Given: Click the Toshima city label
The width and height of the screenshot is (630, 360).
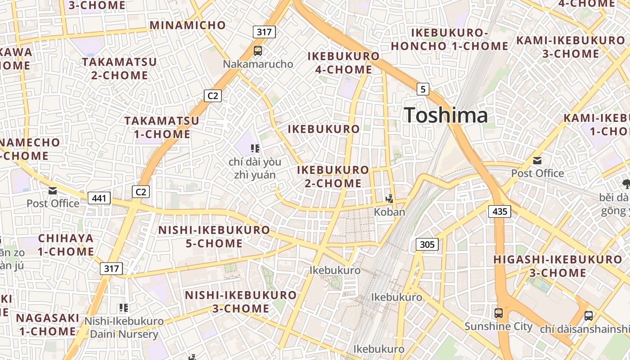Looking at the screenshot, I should coord(445,115).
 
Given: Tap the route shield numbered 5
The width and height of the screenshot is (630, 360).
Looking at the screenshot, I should coord(423,89).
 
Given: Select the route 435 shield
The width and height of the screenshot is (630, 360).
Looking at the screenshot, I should coord(499,211).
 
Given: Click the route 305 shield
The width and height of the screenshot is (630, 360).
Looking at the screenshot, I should coord(427,244).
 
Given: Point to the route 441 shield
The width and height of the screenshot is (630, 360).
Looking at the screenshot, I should coord(99,198).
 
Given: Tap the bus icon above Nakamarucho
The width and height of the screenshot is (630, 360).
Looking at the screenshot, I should coord(258,51).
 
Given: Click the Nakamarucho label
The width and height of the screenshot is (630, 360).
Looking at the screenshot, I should coord(258,64).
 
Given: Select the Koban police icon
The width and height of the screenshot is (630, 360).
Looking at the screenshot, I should coord(389,198).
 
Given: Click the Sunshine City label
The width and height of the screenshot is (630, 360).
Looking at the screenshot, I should coord(498,326).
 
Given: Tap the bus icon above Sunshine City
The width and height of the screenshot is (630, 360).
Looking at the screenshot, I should coord(498,313).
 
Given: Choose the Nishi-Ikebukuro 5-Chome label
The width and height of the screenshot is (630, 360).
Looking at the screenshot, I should coord(214,237).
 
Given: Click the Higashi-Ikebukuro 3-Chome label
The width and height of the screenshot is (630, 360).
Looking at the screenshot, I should coord(558,266).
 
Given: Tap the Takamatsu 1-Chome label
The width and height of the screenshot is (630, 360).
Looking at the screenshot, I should coord(162,127).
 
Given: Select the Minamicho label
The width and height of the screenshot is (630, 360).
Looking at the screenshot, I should coord(188,25).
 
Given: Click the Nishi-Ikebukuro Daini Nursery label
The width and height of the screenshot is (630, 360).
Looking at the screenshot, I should coord(124,328).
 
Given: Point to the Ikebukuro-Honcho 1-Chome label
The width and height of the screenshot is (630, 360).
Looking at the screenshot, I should coord(449,40).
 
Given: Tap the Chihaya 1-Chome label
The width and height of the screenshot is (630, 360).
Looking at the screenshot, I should coord(66,245).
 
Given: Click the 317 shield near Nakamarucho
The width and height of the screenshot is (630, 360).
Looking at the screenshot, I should coord(264,31).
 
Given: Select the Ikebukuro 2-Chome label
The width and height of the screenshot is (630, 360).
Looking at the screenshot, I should coord(333,176).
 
